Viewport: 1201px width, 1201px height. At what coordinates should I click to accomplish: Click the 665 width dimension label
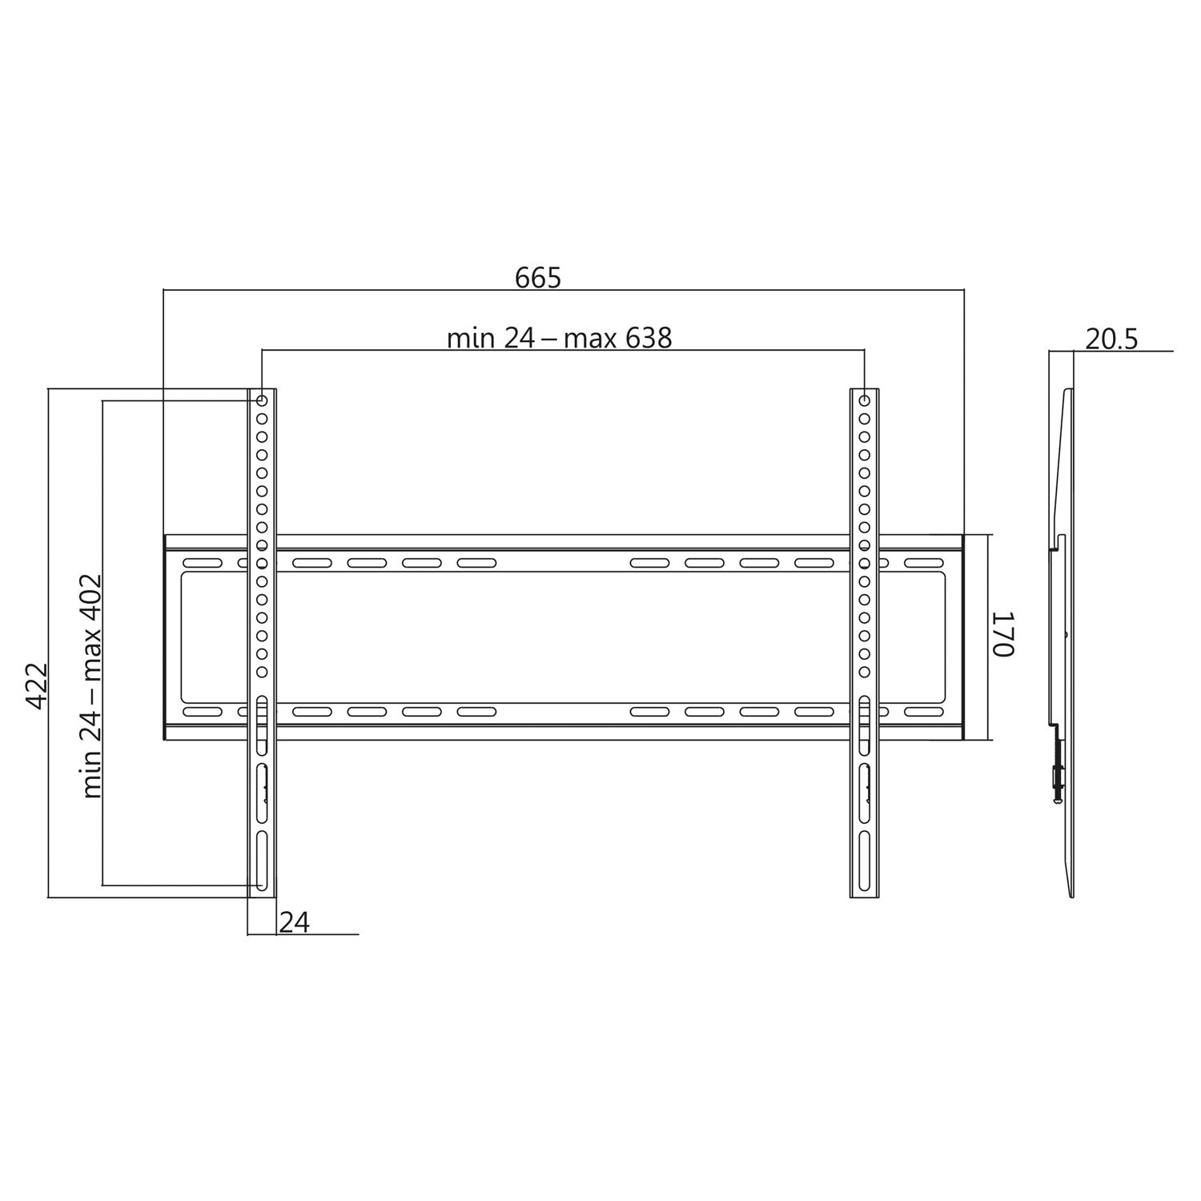pyautogui.click(x=538, y=278)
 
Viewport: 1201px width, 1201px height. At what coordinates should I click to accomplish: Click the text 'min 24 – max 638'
pyautogui.click(x=559, y=339)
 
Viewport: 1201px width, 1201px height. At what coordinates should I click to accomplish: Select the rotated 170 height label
pyautogui.click(x=1003, y=634)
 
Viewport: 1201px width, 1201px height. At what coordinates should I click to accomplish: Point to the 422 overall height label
pyautogui.click(x=37, y=685)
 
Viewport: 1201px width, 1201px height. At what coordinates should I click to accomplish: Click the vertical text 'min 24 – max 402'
pyautogui.click(x=93, y=685)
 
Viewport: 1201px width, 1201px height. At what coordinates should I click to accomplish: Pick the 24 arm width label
pyautogui.click(x=294, y=922)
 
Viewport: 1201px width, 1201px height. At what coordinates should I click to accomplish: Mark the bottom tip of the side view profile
pyautogui.click(x=1071, y=895)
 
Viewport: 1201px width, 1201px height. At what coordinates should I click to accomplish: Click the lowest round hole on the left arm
pyautogui.click(x=262, y=673)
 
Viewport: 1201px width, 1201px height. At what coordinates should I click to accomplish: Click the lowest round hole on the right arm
pyautogui.click(x=865, y=673)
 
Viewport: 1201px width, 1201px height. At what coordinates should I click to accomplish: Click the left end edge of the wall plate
pyautogui.click(x=165, y=637)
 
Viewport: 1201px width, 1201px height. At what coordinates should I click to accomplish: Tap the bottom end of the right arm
pyautogui.click(x=865, y=896)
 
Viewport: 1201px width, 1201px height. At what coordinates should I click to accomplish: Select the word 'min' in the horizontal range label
pyautogui.click(x=471, y=339)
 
